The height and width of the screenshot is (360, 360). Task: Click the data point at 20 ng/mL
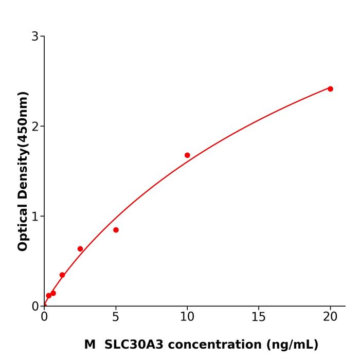(330, 89)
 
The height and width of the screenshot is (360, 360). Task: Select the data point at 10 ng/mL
(187, 155)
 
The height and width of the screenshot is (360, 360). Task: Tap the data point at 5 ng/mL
(116, 230)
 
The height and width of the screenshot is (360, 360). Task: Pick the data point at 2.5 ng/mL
(80, 249)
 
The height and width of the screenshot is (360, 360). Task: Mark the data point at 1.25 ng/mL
(62, 275)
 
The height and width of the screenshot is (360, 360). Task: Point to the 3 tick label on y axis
(35, 37)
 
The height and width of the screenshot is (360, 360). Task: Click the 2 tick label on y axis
(35, 127)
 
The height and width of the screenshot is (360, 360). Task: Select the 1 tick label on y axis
(35, 217)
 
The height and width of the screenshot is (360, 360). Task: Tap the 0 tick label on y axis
(35, 307)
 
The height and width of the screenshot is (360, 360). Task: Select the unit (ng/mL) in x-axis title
(292, 345)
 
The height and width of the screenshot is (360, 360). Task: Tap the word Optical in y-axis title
(23, 226)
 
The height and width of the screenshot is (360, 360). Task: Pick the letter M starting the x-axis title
(89, 345)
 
